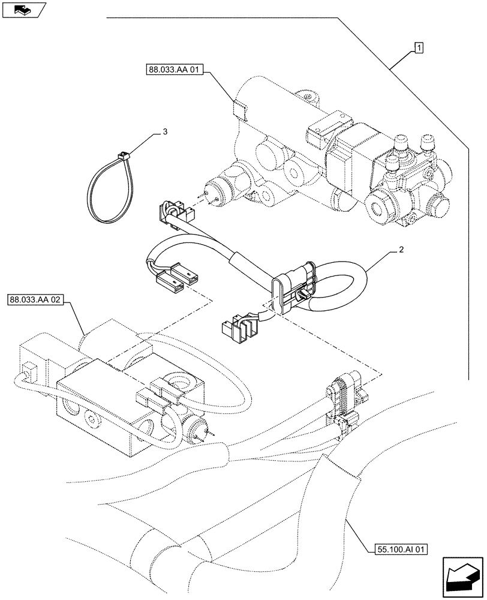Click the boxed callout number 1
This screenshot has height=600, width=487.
click(419, 48)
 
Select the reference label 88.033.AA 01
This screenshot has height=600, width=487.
click(175, 71)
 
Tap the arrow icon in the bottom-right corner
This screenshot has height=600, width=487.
click(461, 575)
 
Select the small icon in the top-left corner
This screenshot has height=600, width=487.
click(22, 9)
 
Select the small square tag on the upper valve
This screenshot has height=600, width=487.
click(239, 110)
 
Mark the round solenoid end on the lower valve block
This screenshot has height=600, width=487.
click(196, 425)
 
